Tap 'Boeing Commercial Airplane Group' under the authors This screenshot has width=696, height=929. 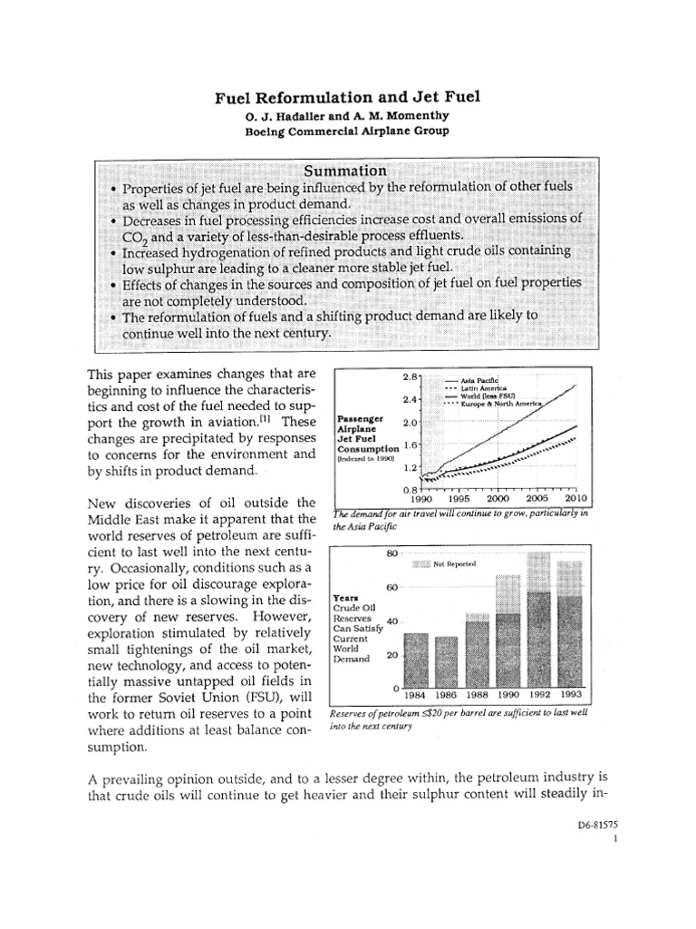point(344,131)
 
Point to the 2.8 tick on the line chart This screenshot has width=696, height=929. point(409,376)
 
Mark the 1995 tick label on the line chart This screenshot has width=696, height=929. point(459,498)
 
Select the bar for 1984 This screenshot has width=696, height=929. point(414,660)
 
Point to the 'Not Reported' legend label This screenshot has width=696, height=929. point(455,563)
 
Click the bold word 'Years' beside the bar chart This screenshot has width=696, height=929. point(346,599)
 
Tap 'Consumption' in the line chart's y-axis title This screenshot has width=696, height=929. point(366,448)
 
